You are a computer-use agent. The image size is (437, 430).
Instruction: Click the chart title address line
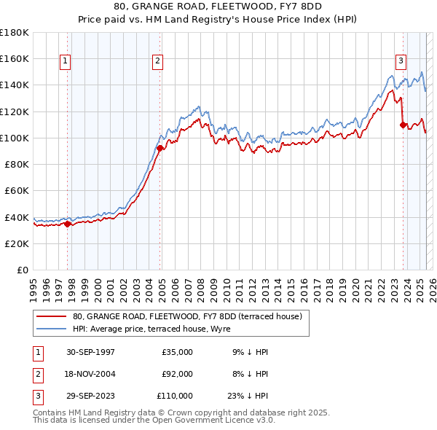pyautogui.click(x=218, y=6)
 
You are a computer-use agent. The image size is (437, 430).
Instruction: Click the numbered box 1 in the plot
pyautogui.click(x=66, y=61)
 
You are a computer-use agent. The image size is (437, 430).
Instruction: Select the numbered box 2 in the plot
pyautogui.click(x=158, y=61)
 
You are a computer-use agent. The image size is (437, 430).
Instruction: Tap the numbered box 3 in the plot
pyautogui.click(x=401, y=61)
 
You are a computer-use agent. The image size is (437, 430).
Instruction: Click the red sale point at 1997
pyautogui.click(x=68, y=224)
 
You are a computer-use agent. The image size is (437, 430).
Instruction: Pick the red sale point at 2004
pyautogui.click(x=160, y=148)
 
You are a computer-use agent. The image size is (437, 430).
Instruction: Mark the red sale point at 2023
pyautogui.click(x=403, y=125)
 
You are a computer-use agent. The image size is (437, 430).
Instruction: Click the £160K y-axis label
pyautogui.click(x=15, y=58)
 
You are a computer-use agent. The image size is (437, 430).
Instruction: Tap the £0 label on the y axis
pyautogui.click(x=22, y=270)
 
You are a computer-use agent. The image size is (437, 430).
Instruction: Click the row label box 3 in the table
pyautogui.click(x=37, y=396)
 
